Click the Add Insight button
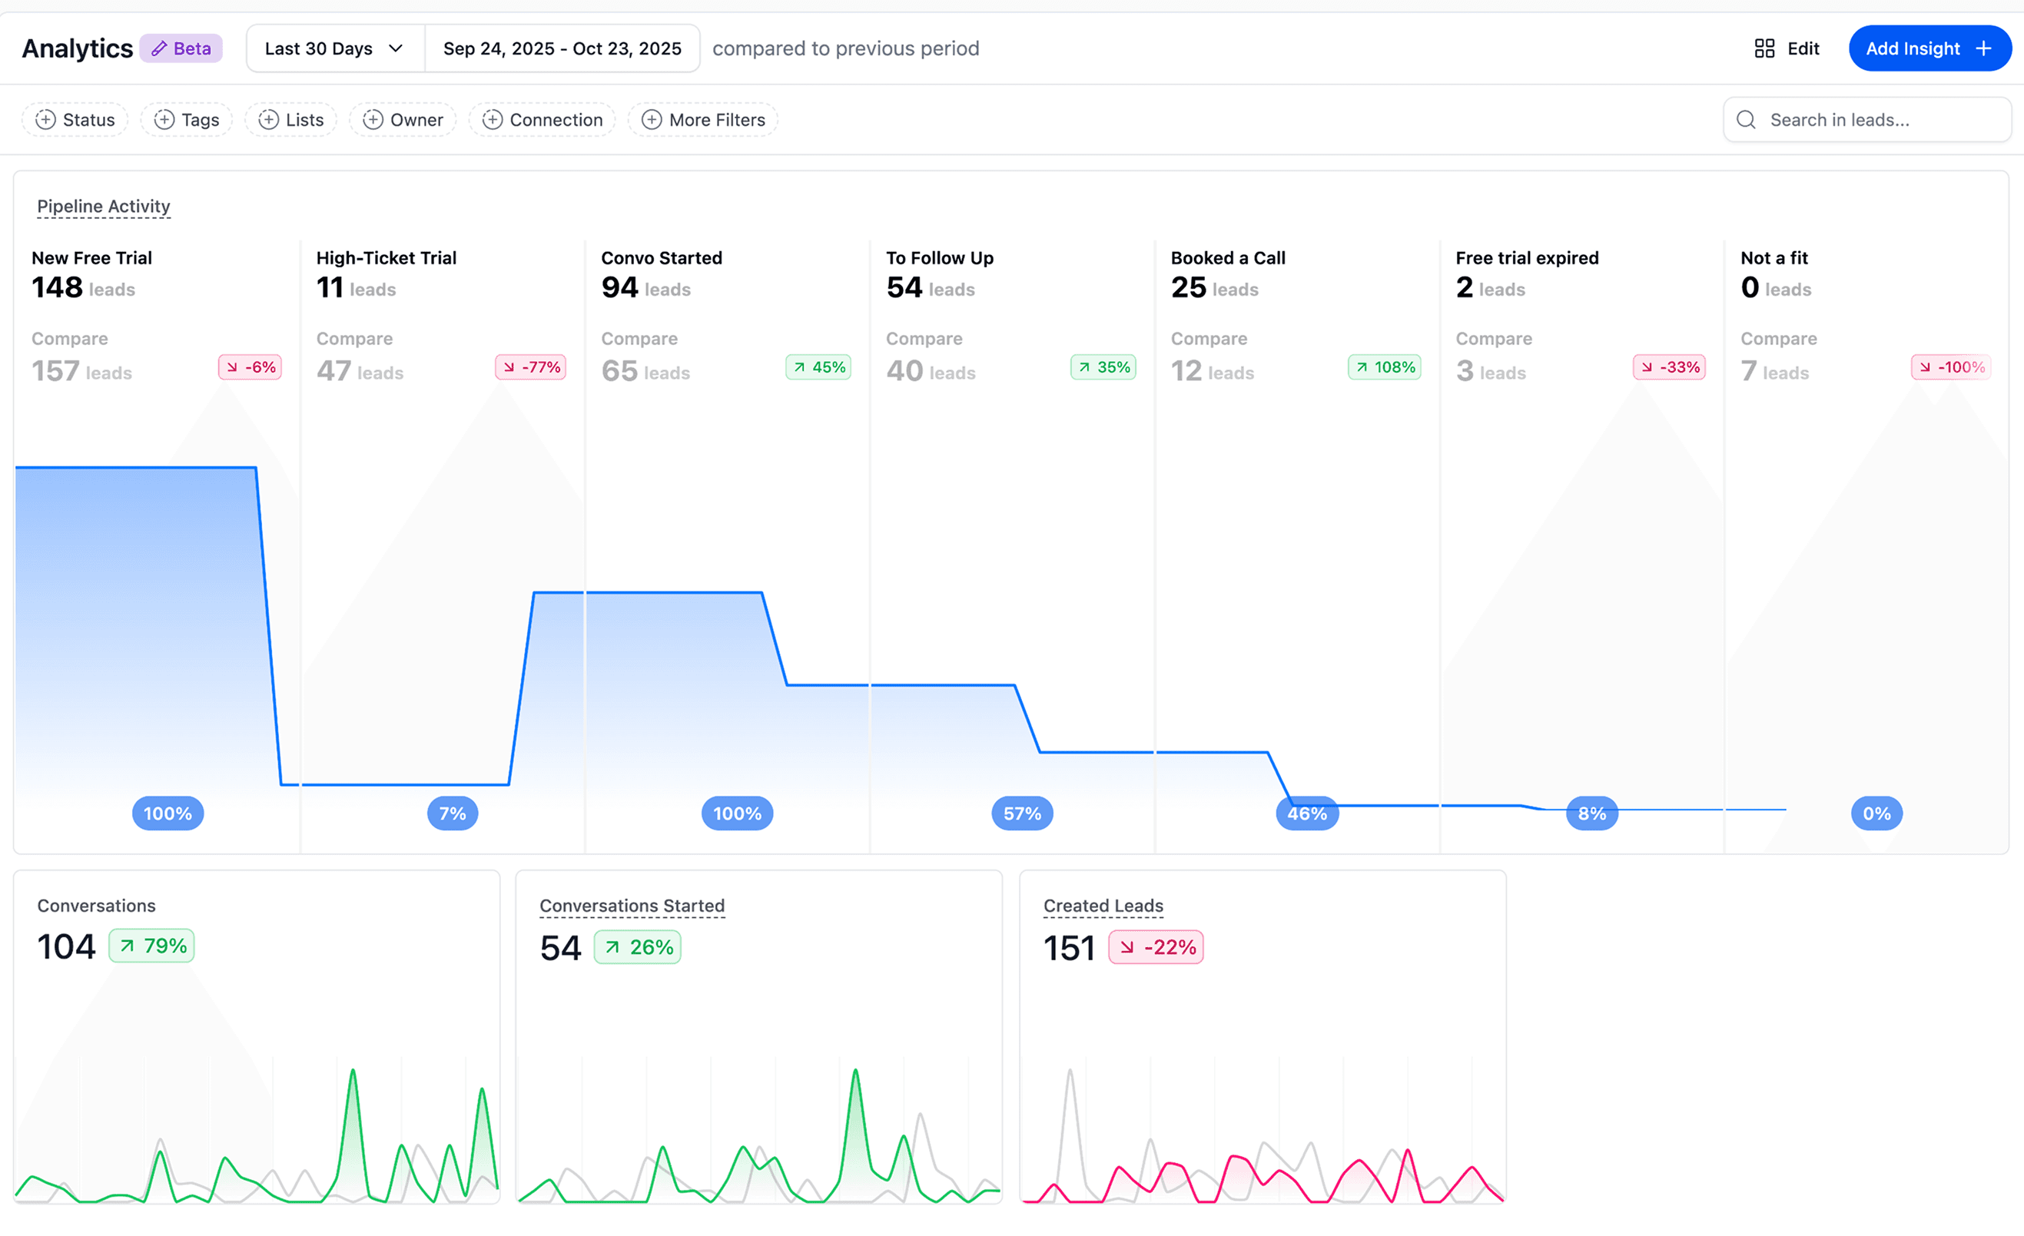(1929, 48)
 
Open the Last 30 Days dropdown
(334, 48)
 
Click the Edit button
(1787, 48)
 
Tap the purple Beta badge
(181, 48)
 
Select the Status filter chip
(75, 120)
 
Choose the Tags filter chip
(187, 120)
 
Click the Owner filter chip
(403, 120)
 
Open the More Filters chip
(703, 120)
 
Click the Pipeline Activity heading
(104, 206)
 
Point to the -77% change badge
(532, 367)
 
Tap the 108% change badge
(1385, 367)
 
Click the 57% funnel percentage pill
(1022, 813)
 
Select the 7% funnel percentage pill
(453, 813)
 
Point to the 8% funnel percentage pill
(1592, 813)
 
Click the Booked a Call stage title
(1228, 258)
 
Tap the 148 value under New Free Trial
(58, 287)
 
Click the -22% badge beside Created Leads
(1156, 947)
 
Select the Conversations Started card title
(632, 905)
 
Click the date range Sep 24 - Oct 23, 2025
(562, 48)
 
